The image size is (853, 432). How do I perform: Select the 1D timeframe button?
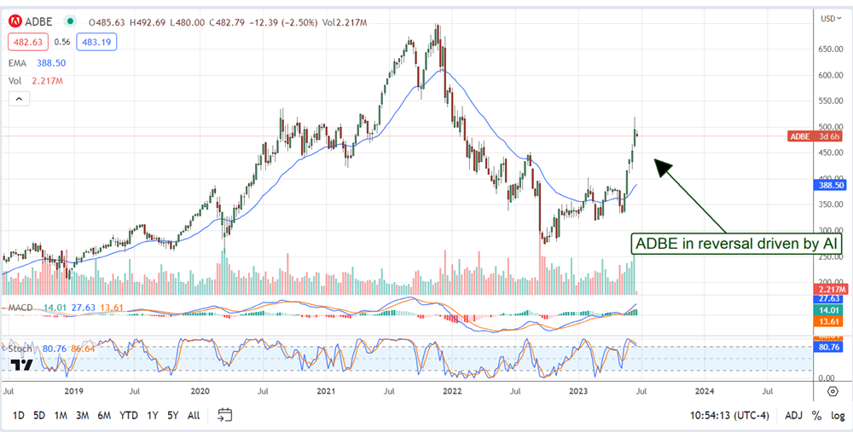17,415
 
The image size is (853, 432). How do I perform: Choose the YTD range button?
129,415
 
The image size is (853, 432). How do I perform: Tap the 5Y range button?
173,415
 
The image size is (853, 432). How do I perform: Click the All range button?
194,415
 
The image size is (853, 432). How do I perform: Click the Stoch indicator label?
20,348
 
